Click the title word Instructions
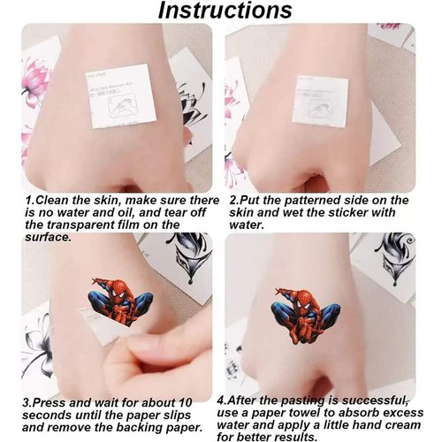(x=225, y=11)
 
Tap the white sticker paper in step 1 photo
(x=121, y=95)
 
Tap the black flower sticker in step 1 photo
(x=193, y=102)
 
